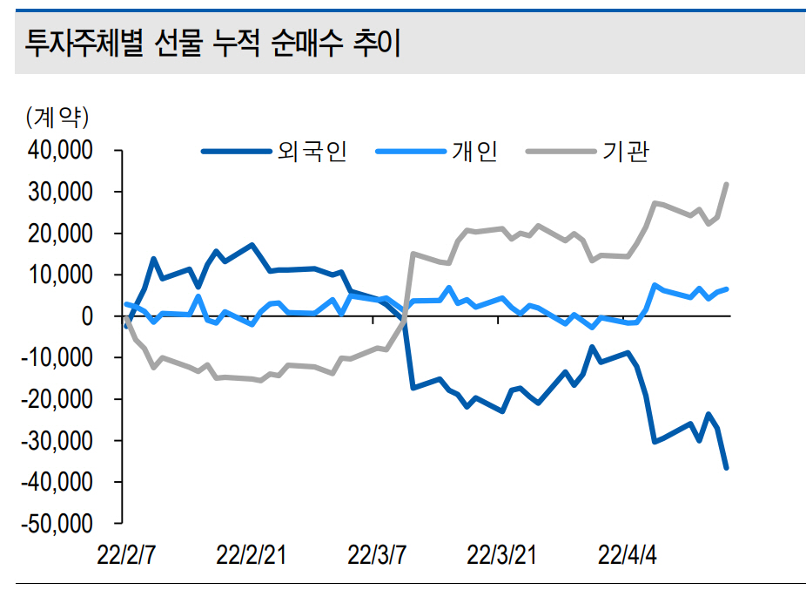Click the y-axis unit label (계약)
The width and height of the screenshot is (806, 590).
(58, 115)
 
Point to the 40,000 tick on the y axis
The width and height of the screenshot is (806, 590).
(61, 151)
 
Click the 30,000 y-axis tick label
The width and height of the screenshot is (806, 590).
(61, 192)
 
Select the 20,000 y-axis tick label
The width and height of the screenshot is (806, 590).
(61, 234)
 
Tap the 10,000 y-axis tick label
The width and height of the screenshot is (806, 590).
(61, 275)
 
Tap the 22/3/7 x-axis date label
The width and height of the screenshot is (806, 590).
(377, 554)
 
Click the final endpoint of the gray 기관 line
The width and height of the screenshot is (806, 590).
(726, 184)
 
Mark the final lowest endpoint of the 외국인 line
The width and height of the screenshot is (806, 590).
(726, 468)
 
